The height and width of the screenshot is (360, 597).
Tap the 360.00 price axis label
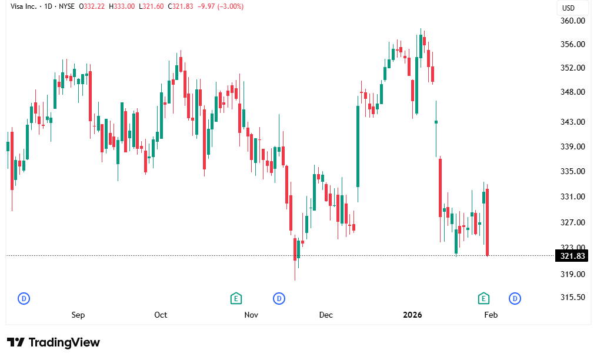573,21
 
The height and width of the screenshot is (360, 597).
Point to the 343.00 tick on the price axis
573,122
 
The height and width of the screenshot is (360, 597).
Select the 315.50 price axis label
573,297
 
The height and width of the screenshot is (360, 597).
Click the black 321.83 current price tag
573,256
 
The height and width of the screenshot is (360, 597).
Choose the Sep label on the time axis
78,315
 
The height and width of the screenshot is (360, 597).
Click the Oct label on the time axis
161,315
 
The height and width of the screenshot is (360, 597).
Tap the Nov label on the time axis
251,315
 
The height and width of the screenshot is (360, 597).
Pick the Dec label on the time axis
326,315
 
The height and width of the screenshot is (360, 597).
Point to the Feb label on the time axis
491,315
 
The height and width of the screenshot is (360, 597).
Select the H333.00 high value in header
122,6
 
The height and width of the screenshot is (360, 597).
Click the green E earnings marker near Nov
236,298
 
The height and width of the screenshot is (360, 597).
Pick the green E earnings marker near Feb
483,298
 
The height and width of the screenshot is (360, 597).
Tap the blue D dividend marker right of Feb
515,298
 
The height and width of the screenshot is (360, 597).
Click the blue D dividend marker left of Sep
24,298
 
